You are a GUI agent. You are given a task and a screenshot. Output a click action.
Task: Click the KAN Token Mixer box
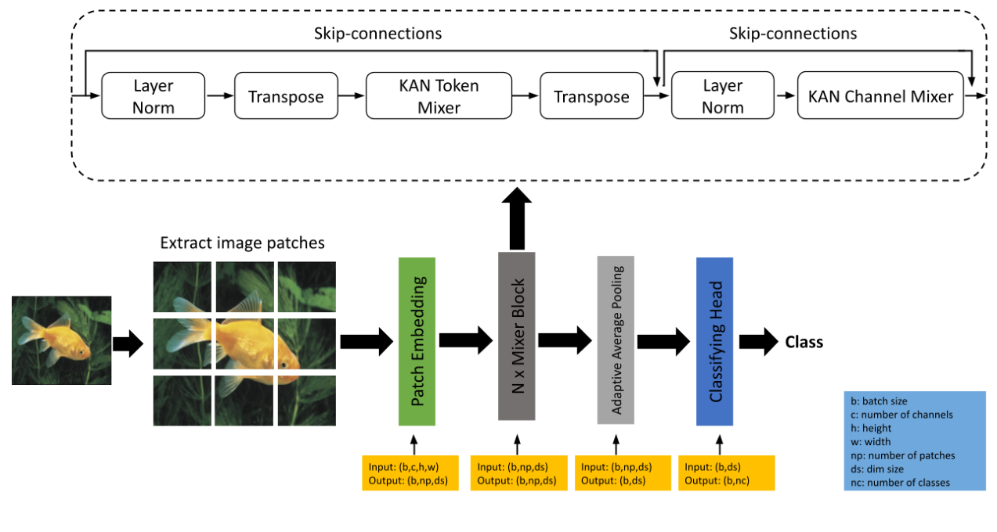(439, 96)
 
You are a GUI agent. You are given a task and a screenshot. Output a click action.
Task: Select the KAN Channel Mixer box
(880, 96)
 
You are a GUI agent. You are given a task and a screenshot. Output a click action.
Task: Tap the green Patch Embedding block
(417, 341)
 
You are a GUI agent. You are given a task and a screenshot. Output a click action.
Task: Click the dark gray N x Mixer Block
(516, 336)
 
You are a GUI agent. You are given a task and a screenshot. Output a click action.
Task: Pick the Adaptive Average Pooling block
(616, 340)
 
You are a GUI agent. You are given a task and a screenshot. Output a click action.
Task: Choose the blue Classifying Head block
(714, 341)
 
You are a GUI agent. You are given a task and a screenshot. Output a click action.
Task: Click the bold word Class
(804, 342)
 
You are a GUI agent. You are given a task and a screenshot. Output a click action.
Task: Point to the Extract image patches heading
(242, 243)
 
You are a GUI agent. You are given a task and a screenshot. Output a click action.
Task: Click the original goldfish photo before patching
(62, 340)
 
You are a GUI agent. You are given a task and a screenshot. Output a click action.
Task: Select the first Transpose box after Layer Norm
(286, 96)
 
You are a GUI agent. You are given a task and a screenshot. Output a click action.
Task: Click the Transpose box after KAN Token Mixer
(591, 96)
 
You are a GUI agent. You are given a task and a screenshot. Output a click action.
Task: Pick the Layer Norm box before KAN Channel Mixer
(722, 96)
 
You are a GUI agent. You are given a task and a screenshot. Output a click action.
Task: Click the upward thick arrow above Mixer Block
(516, 219)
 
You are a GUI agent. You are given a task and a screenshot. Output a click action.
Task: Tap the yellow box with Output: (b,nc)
(727, 473)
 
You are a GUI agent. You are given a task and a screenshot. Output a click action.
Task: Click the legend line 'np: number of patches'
(902, 455)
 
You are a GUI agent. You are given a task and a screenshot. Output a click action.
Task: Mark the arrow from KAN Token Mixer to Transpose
(526, 96)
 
